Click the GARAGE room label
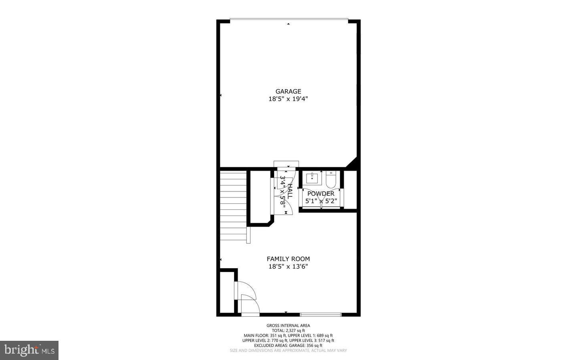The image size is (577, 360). (288, 91)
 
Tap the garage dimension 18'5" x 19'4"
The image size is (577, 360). (288, 99)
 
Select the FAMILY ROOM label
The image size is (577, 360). (288, 259)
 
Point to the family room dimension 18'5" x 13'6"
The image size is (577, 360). (288, 266)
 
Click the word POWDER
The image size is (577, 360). (321, 194)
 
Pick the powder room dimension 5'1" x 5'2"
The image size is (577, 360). (321, 201)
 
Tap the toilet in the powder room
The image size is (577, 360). (331, 180)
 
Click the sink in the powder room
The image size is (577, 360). (312, 177)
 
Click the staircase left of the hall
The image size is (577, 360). (233, 204)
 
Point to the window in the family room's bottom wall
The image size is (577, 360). (321, 314)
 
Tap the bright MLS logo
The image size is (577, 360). (29, 350)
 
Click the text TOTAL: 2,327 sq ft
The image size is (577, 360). (288, 330)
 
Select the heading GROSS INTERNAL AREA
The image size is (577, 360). (288, 326)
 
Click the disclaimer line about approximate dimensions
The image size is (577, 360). (288, 350)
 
